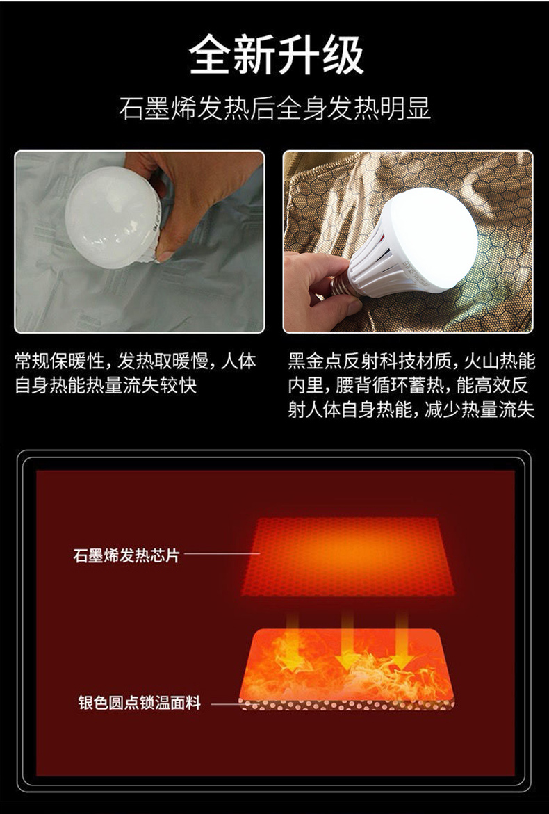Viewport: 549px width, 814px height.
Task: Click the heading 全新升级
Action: pyautogui.click(x=275, y=55)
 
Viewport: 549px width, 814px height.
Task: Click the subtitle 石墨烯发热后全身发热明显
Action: pyautogui.click(x=274, y=109)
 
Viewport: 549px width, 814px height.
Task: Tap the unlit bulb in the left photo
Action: pyautogui.click(x=113, y=217)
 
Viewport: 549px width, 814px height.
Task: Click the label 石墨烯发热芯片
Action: pyautogui.click(x=126, y=555)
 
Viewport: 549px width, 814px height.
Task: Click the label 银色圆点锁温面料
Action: pyautogui.click(x=139, y=703)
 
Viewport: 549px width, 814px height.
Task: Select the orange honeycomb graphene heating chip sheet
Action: pyautogui.click(x=347, y=556)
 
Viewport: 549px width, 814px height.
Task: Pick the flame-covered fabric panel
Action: pyautogui.click(x=347, y=665)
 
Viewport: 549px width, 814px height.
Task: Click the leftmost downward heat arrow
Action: pyautogui.click(x=293, y=640)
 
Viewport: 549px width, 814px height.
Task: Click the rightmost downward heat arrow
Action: pyautogui.click(x=402, y=640)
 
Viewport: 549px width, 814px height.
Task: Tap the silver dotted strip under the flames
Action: pyautogui.click(x=347, y=704)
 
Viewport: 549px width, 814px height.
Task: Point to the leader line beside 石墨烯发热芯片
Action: pyautogui.click(x=222, y=554)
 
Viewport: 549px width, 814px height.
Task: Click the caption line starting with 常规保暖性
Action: pyautogui.click(x=136, y=361)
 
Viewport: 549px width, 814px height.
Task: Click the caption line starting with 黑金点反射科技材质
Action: pyautogui.click(x=411, y=361)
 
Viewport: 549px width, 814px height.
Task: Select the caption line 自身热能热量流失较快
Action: pyautogui.click(x=106, y=385)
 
